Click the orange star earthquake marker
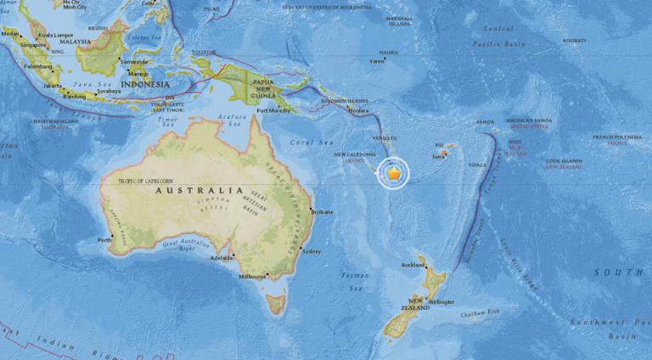(395, 173)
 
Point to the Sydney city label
(312, 251)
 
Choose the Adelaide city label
(222, 256)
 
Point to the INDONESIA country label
(144, 85)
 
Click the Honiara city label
(359, 111)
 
